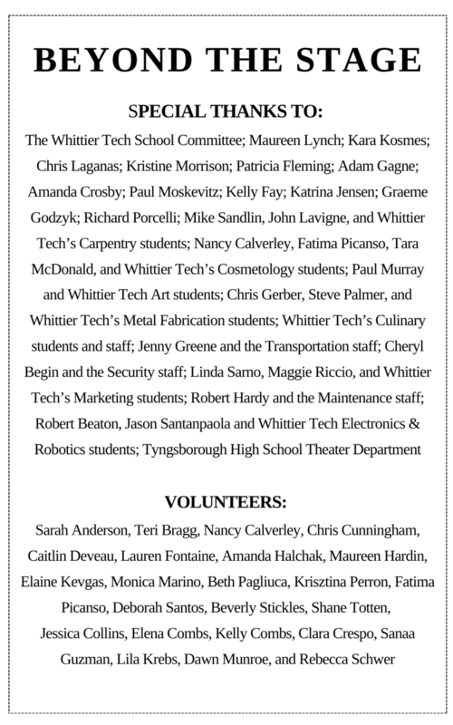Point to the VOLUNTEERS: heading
(226, 501)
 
